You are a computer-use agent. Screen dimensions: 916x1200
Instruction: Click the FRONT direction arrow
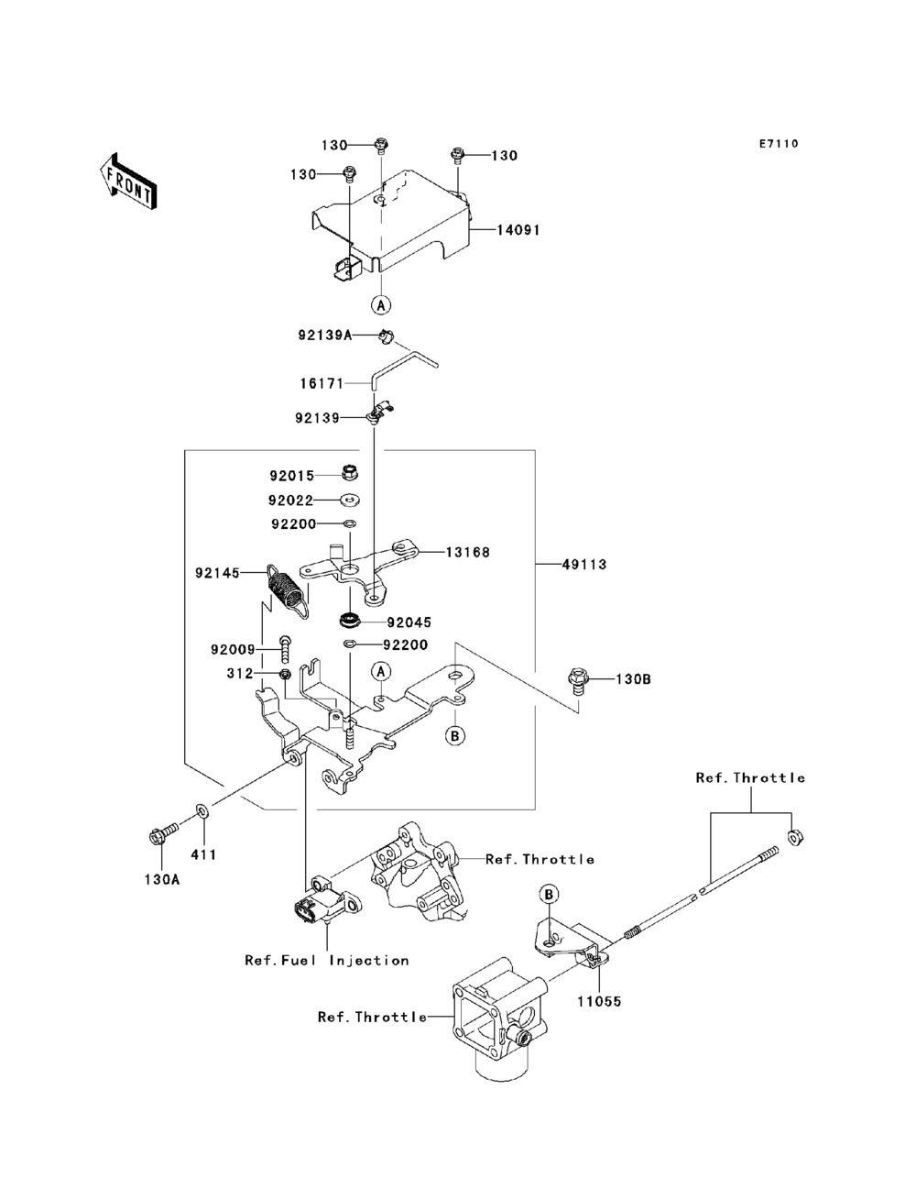[x=129, y=181]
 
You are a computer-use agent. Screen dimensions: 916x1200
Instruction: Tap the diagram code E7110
[x=779, y=144]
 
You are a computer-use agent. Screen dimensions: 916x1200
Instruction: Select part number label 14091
[x=518, y=230]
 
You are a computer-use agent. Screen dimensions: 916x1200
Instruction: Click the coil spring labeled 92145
[x=287, y=592]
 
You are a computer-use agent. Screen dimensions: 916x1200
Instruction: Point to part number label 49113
[x=584, y=564]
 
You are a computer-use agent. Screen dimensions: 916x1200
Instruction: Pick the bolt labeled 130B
[x=578, y=681]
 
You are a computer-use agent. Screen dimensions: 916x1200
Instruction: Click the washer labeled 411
[x=201, y=809]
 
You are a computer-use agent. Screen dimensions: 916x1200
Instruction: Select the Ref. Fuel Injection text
[x=327, y=960]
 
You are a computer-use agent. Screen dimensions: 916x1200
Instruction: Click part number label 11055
[x=599, y=1001]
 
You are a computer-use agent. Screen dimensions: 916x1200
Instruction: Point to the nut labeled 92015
[x=350, y=472]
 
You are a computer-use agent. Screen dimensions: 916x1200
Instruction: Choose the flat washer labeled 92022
[x=350, y=499]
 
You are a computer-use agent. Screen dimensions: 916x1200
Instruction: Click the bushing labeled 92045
[x=349, y=621]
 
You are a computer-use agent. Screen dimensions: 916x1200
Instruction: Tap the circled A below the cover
[x=381, y=304]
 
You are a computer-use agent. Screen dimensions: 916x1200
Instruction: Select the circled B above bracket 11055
[x=549, y=895]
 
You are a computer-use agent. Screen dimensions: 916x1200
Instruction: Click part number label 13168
[x=467, y=552]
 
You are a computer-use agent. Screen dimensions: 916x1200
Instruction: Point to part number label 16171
[x=322, y=383]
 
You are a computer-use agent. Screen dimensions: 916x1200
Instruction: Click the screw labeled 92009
[x=285, y=649]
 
